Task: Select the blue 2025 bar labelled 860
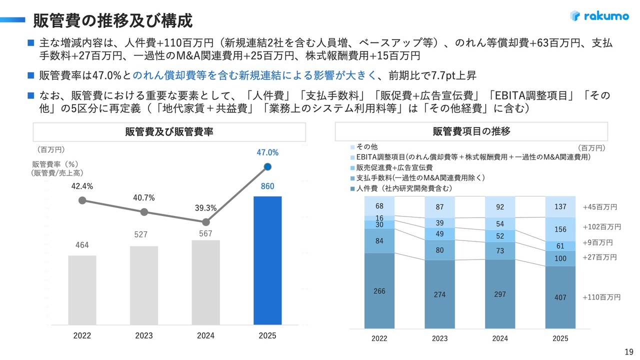(x=267, y=260)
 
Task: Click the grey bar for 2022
(x=82, y=290)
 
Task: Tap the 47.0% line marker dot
(x=267, y=167)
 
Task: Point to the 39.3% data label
(x=205, y=208)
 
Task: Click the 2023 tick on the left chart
(x=144, y=336)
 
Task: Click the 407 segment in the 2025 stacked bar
(x=560, y=297)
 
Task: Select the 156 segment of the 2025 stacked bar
(x=560, y=229)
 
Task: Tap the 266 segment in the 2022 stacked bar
(x=379, y=291)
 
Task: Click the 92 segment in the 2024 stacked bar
(x=500, y=207)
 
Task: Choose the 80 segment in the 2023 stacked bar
(x=439, y=250)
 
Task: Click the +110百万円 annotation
(x=601, y=297)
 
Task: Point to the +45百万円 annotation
(x=600, y=207)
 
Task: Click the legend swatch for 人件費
(x=353, y=188)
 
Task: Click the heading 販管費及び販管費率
(x=169, y=132)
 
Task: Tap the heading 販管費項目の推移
(x=471, y=132)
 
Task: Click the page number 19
(x=628, y=350)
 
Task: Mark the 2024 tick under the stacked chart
(x=500, y=338)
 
